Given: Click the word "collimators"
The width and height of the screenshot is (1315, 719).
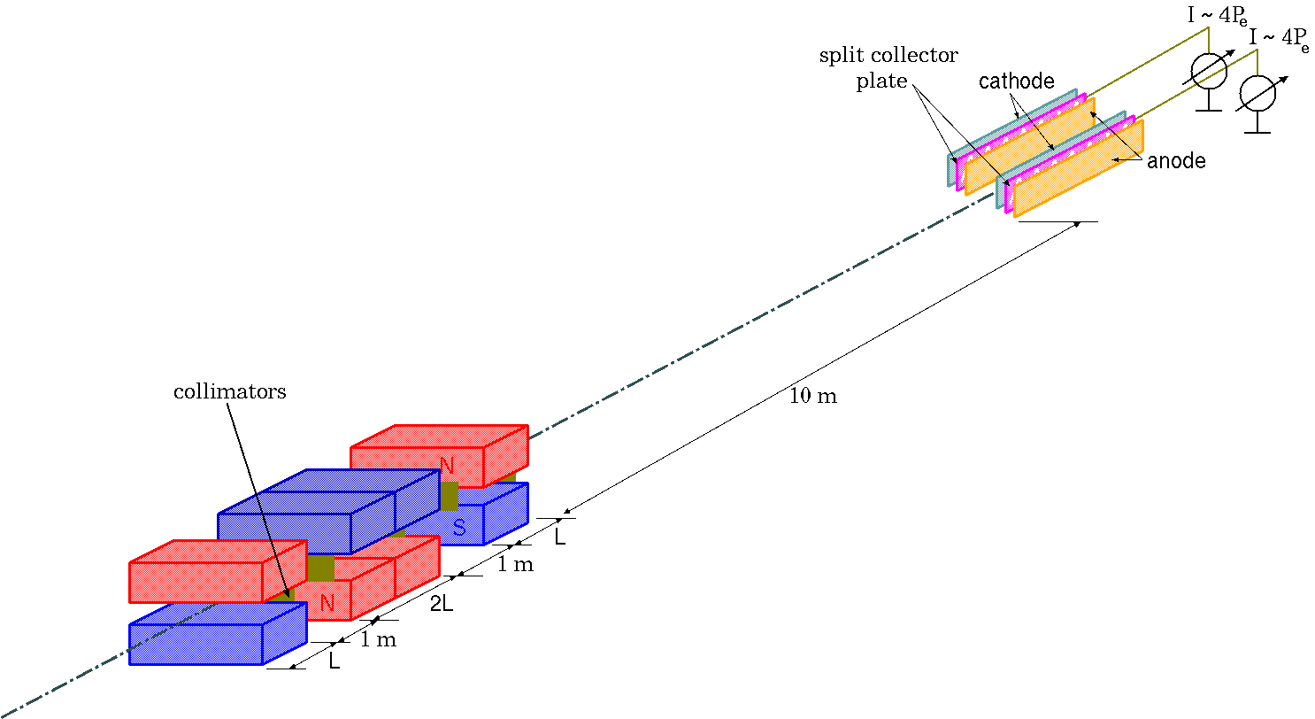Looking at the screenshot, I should pos(229,391).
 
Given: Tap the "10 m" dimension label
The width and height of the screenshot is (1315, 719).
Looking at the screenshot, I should pos(813,397).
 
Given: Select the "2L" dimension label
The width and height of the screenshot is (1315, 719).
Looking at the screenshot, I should pos(441,607).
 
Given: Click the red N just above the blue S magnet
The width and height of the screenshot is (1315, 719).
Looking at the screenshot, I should pos(447,465).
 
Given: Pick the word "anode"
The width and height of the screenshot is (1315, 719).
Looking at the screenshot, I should pos(1176,161).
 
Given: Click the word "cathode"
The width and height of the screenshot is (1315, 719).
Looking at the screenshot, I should pos(1017,81).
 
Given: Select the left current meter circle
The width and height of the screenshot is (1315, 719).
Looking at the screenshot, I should pos(1209,71).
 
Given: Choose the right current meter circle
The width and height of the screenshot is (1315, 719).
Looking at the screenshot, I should pos(1257,93).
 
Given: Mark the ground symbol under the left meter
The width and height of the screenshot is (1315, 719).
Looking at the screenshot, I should pos(1209,109).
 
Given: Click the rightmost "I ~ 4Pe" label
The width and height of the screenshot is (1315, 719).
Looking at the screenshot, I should pos(1279,39).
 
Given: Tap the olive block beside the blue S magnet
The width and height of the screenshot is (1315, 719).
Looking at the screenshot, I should pos(449,497).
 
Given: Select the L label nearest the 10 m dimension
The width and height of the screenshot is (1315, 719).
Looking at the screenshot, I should pos(559,537).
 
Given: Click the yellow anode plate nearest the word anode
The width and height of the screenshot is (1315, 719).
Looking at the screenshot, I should pos(1079,168).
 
